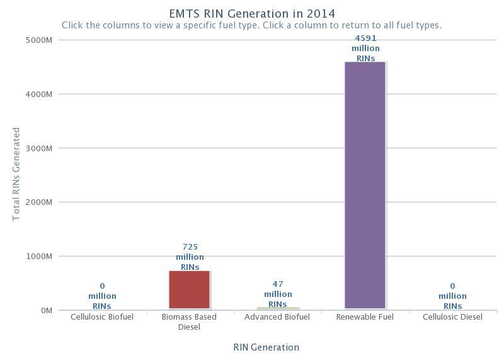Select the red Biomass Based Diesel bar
pos(189,289)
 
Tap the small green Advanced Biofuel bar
pos(277,308)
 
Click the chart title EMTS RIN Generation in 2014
pos(252,13)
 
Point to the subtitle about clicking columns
pos(251,26)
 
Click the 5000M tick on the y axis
pos(38,40)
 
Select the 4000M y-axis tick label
pos(38,94)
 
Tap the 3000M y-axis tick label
pos(38,148)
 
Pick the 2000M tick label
pos(38,202)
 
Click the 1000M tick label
pos(38,257)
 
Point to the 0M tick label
pos(46,311)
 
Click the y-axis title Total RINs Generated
pos(16,174)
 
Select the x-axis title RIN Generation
pos(266,347)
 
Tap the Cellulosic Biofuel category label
pos(102,317)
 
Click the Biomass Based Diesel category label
pos(189,322)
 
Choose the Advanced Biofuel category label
pos(277,317)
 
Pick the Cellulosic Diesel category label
pos(452,317)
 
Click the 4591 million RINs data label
pos(365,49)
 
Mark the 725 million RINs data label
pos(190,257)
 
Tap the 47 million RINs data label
pos(278,294)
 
